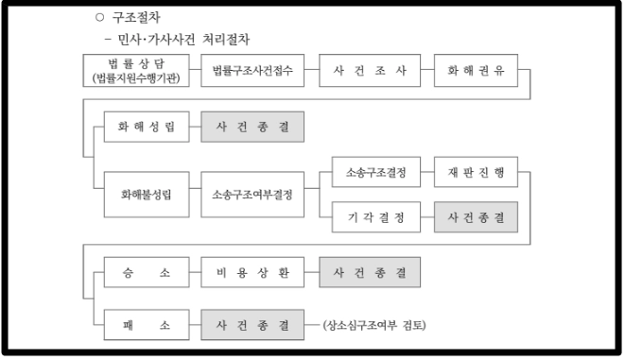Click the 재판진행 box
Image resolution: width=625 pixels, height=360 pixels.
coord(476,174)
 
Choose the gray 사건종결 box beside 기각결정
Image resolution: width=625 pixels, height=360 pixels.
coord(476,217)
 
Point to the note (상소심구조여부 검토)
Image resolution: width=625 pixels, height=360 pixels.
coord(374,326)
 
